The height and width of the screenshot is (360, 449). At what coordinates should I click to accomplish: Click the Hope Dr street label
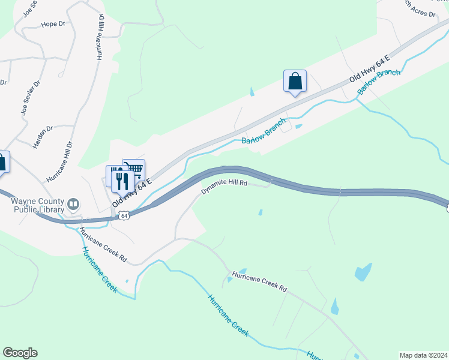coord(52,24)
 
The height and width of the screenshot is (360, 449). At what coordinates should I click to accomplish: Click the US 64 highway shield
coord(123,215)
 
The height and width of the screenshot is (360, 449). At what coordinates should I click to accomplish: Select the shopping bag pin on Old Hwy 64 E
coord(295,81)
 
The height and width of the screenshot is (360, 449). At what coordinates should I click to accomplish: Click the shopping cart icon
coord(134,169)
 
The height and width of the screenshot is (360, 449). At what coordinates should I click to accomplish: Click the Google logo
coord(20,353)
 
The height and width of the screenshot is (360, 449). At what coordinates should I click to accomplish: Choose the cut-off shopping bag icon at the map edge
coord(3,161)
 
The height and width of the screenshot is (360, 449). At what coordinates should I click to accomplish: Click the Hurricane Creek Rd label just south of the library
coord(103,247)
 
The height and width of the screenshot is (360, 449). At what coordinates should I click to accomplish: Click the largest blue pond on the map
coord(363,272)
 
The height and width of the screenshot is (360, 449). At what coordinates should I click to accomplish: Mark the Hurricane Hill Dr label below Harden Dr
coord(59,162)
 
